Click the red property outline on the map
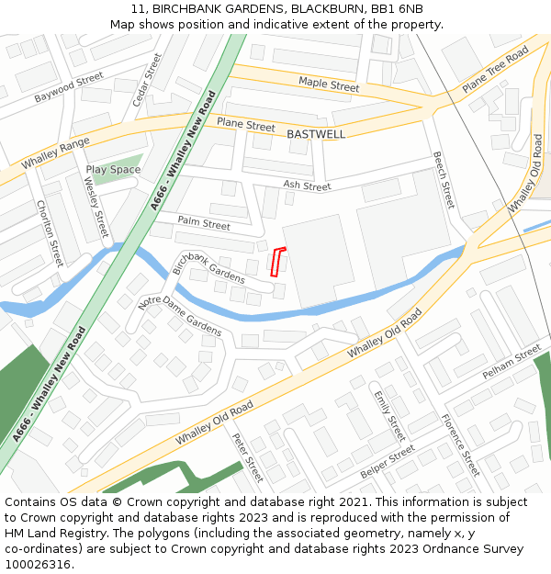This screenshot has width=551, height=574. [x=277, y=262]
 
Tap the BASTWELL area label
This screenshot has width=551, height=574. [x=316, y=134]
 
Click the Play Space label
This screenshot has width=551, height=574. [x=113, y=170]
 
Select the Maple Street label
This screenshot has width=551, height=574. [x=329, y=85]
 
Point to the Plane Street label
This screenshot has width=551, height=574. [x=245, y=125]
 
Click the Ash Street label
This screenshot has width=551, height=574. [x=307, y=186]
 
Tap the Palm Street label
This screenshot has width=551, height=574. [x=204, y=223]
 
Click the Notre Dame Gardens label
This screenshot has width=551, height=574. [x=179, y=316]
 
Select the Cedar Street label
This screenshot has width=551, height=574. [x=147, y=79]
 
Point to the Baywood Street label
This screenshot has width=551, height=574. [x=69, y=88]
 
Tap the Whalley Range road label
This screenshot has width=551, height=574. [x=55, y=157]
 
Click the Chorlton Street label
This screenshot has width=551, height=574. [x=50, y=233]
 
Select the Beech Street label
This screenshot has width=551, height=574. [x=444, y=180]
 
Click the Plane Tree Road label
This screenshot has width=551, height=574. [x=495, y=70]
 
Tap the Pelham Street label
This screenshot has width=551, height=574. [x=512, y=364]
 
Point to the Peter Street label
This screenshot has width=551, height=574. [x=248, y=457]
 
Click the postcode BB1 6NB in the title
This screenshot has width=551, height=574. [x=397, y=8]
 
